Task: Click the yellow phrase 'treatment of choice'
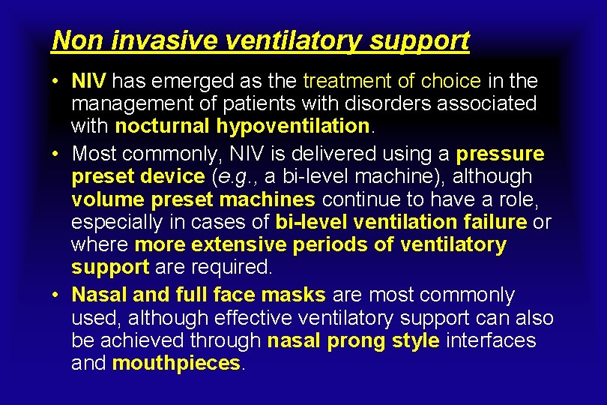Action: pos(392,80)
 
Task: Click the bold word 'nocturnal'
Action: pos(164,125)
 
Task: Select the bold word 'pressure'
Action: pos(501,154)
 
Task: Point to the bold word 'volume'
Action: pos(109,199)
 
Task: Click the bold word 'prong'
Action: pos(357,340)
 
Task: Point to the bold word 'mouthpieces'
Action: pos(177,364)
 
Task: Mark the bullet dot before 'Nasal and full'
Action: pos(56,295)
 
